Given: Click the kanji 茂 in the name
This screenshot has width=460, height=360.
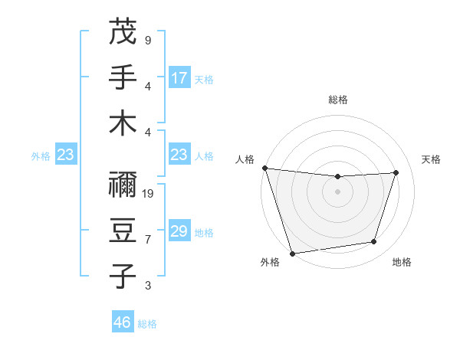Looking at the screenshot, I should click(x=123, y=31).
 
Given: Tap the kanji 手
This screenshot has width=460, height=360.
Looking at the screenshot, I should click(x=123, y=77).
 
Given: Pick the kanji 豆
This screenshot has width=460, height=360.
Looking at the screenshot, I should click(x=123, y=230).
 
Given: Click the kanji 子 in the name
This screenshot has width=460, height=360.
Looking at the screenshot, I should click(x=123, y=276).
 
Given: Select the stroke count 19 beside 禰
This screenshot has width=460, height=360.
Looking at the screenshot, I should click(x=149, y=194).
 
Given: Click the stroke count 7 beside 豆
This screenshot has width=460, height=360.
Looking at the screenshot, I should click(x=147, y=240).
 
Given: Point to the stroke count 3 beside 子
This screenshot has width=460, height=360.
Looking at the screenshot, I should click(x=147, y=286).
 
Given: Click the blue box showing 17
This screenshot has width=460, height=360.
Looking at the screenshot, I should click(x=179, y=77).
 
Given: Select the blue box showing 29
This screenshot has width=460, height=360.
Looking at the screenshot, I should click(x=179, y=231).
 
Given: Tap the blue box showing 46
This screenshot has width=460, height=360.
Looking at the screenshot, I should click(x=123, y=322).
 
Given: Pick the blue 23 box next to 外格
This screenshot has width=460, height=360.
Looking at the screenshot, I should click(x=66, y=155).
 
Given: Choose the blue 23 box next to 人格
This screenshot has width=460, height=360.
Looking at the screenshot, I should click(x=179, y=155).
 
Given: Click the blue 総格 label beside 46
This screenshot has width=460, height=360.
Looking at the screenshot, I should click(x=147, y=324).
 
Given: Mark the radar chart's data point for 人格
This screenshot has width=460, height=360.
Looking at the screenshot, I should click(x=264, y=168).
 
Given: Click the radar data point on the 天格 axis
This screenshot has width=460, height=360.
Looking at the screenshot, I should click(x=396, y=172).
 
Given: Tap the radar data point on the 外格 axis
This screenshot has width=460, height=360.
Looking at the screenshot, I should click(x=293, y=253).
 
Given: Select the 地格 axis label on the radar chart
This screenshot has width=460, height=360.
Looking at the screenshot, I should click(x=402, y=263).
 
